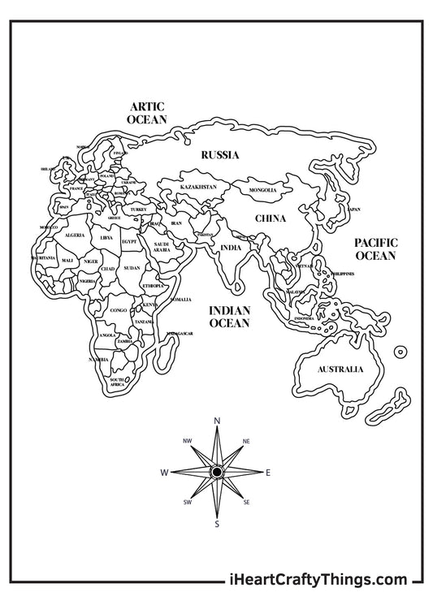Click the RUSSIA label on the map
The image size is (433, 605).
(x=219, y=154)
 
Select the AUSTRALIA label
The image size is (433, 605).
(x=340, y=369)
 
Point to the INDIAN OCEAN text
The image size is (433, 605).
(x=229, y=317)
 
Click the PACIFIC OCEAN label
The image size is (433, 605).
(x=375, y=248)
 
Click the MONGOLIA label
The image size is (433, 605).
(x=263, y=190)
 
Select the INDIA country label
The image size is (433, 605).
(x=231, y=248)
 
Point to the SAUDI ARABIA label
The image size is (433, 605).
(x=161, y=247)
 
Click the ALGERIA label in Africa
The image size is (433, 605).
(x=74, y=235)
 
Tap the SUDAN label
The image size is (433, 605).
(x=132, y=267)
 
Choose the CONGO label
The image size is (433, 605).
(x=119, y=310)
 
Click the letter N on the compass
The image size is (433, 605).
(x=217, y=421)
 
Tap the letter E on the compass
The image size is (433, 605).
(x=268, y=472)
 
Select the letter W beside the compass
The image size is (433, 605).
(x=164, y=472)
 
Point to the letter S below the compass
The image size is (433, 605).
(x=217, y=524)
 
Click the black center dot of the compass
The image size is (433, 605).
(x=217, y=472)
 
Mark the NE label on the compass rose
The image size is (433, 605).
(x=246, y=441)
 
